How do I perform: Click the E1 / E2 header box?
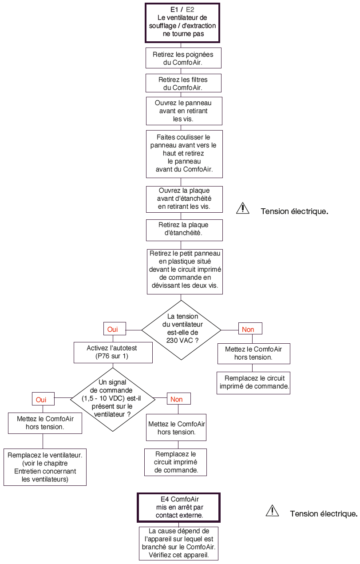coord(182,23)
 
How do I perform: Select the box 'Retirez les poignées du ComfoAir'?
coord(183,58)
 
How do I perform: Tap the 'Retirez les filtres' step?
coord(183,83)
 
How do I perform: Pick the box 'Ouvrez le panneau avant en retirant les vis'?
coord(184,111)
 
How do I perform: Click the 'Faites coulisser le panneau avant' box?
coord(184,154)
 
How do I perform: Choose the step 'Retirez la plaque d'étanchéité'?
coord(184,230)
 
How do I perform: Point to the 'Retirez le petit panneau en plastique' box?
coord(185,272)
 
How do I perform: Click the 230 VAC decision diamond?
coord(181,330)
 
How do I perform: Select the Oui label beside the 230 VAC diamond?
coord(115,329)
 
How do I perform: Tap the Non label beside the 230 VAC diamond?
coord(250,329)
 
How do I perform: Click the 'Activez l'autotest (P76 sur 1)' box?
coord(113,353)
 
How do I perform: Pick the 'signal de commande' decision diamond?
coord(113,400)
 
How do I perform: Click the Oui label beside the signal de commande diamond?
coord(43,399)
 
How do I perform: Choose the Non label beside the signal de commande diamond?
coord(179,399)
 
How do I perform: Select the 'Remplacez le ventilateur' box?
coord(45,467)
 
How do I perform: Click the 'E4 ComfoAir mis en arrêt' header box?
coord(179,507)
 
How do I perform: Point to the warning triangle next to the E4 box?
coord(272,511)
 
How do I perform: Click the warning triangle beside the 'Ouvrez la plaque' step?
coord(243,208)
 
